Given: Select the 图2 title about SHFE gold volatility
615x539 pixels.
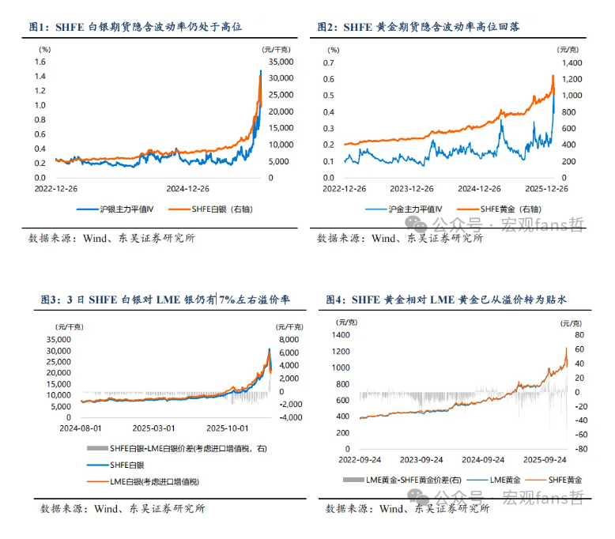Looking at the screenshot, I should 423,27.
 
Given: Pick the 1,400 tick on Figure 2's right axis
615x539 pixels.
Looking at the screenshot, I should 572,62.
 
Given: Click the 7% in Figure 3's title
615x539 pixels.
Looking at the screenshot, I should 228,300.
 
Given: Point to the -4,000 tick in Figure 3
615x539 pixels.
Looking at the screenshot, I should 288,417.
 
